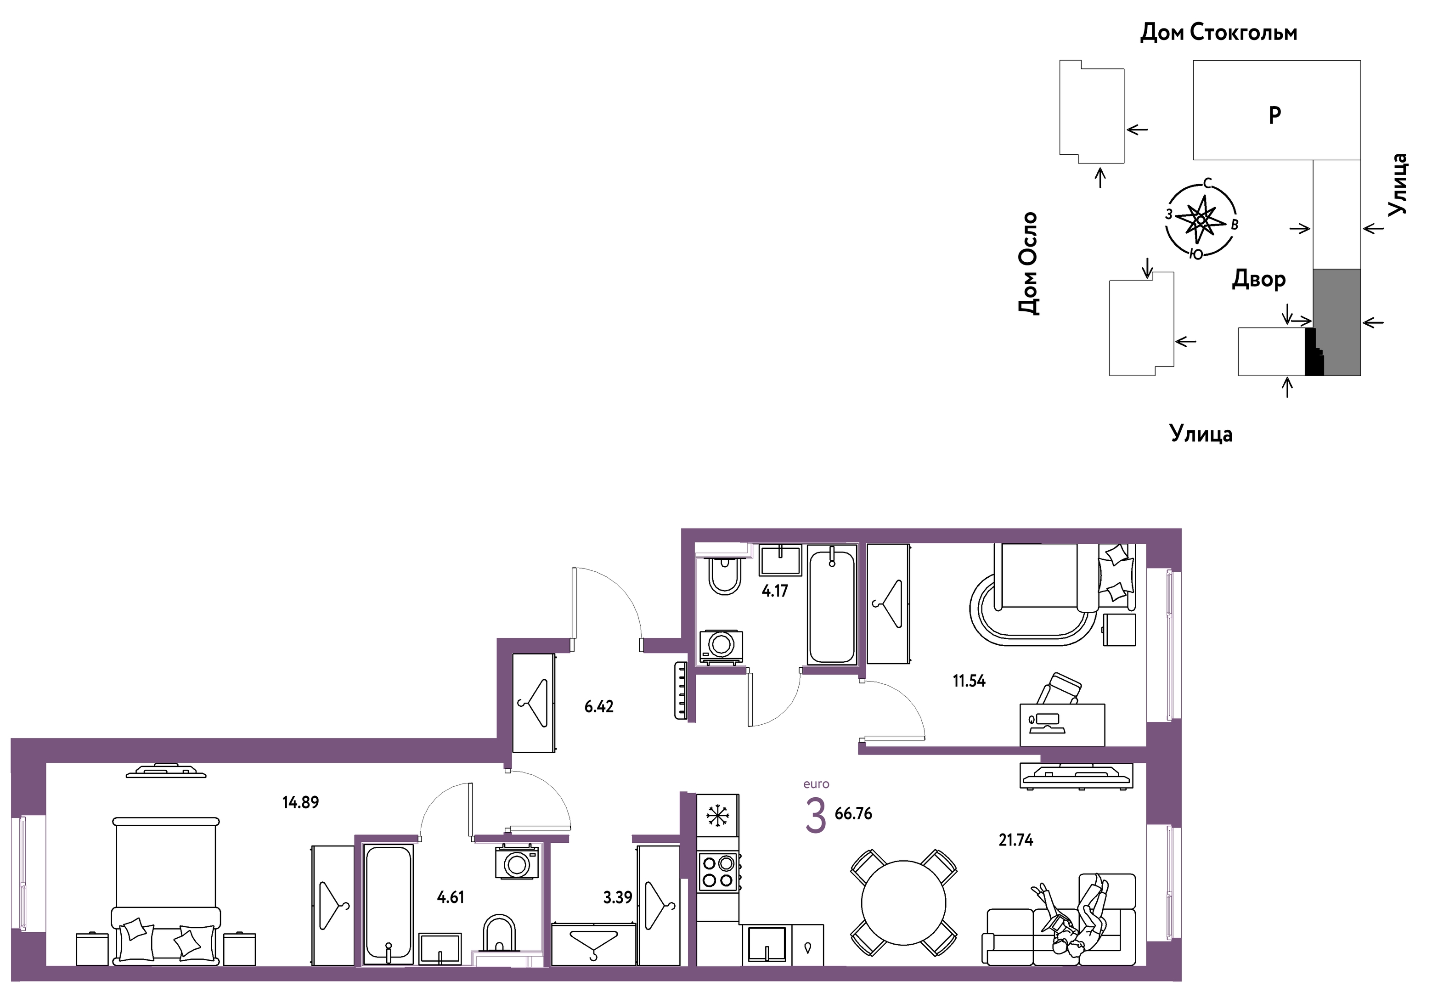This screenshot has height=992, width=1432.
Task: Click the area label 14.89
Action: pos(300,802)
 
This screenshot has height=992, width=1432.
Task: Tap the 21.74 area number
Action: pos(1015,840)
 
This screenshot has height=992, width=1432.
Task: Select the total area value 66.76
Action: pos(853,814)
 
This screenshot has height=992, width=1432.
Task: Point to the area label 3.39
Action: pos(617,897)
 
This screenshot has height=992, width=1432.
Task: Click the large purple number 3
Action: pos(816,816)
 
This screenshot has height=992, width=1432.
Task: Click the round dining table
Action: pos(903,903)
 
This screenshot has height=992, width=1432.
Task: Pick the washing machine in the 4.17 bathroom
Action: pos(721,647)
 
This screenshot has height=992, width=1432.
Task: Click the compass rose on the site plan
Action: pos(1201,220)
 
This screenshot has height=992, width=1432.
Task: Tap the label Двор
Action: pos(1258,280)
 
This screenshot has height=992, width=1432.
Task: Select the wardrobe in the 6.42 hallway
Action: pos(533,703)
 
